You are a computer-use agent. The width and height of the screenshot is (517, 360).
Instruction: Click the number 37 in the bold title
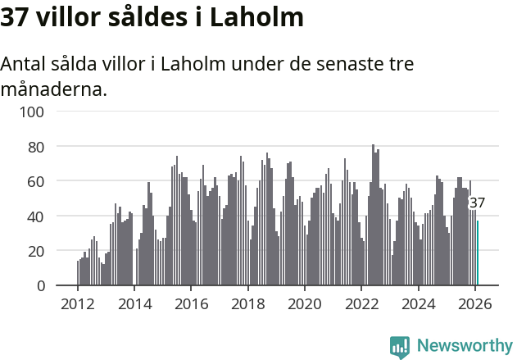coord(16,18)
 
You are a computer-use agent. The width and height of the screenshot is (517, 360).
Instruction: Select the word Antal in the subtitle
coord(25,64)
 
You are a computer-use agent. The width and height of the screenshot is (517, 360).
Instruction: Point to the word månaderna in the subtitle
coord(53,89)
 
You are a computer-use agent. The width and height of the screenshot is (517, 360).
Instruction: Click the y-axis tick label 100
coord(32,112)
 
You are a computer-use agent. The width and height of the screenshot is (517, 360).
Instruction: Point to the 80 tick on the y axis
coord(36,147)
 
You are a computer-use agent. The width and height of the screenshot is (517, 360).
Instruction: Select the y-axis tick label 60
coord(36,181)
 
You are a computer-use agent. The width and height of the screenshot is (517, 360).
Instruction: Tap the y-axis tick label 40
coord(36,216)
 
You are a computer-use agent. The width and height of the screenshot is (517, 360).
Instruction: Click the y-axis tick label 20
coord(36,251)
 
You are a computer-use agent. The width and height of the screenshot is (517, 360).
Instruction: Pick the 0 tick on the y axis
coord(40,285)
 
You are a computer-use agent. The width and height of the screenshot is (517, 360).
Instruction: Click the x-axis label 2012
coord(78,303)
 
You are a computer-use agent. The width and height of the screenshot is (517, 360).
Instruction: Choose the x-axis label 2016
coord(191,303)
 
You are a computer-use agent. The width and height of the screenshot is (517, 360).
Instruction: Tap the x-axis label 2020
coord(305,303)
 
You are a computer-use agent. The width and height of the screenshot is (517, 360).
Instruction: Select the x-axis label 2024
coord(419,303)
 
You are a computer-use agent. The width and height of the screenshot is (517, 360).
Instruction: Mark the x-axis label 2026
coord(475,303)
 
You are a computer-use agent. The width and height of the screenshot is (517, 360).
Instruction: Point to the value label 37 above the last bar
coord(477,203)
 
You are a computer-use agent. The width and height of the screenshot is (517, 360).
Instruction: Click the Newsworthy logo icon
coord(400,347)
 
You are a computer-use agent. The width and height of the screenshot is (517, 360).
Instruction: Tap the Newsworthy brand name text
coord(465,346)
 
